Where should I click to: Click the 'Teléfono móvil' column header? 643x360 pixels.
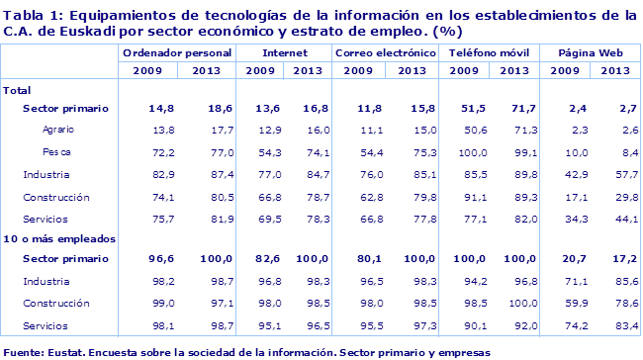pos(488,51)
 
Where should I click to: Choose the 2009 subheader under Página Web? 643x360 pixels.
pos(565,71)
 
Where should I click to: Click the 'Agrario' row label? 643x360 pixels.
pos(57,131)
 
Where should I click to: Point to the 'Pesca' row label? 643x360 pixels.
pos(55,152)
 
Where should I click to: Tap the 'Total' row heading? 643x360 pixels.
pos(18,90)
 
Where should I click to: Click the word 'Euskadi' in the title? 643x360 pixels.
pos(64,30)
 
